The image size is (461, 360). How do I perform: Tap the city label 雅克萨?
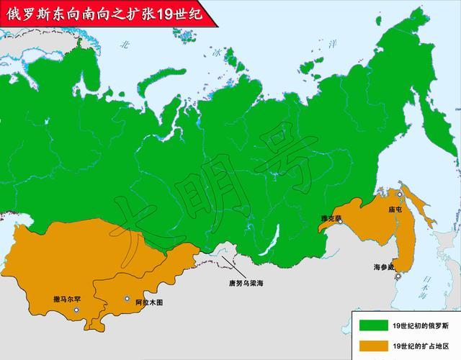click(x=331, y=217)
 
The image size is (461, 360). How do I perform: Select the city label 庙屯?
click(x=395, y=210)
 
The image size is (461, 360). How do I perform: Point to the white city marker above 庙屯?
click(x=400, y=194)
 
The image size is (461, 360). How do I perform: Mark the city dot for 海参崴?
click(x=396, y=276)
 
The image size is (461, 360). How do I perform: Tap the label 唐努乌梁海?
click(x=246, y=283)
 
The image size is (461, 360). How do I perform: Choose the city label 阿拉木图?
click(x=148, y=302)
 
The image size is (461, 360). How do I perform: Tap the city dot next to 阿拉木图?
click(x=127, y=298)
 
